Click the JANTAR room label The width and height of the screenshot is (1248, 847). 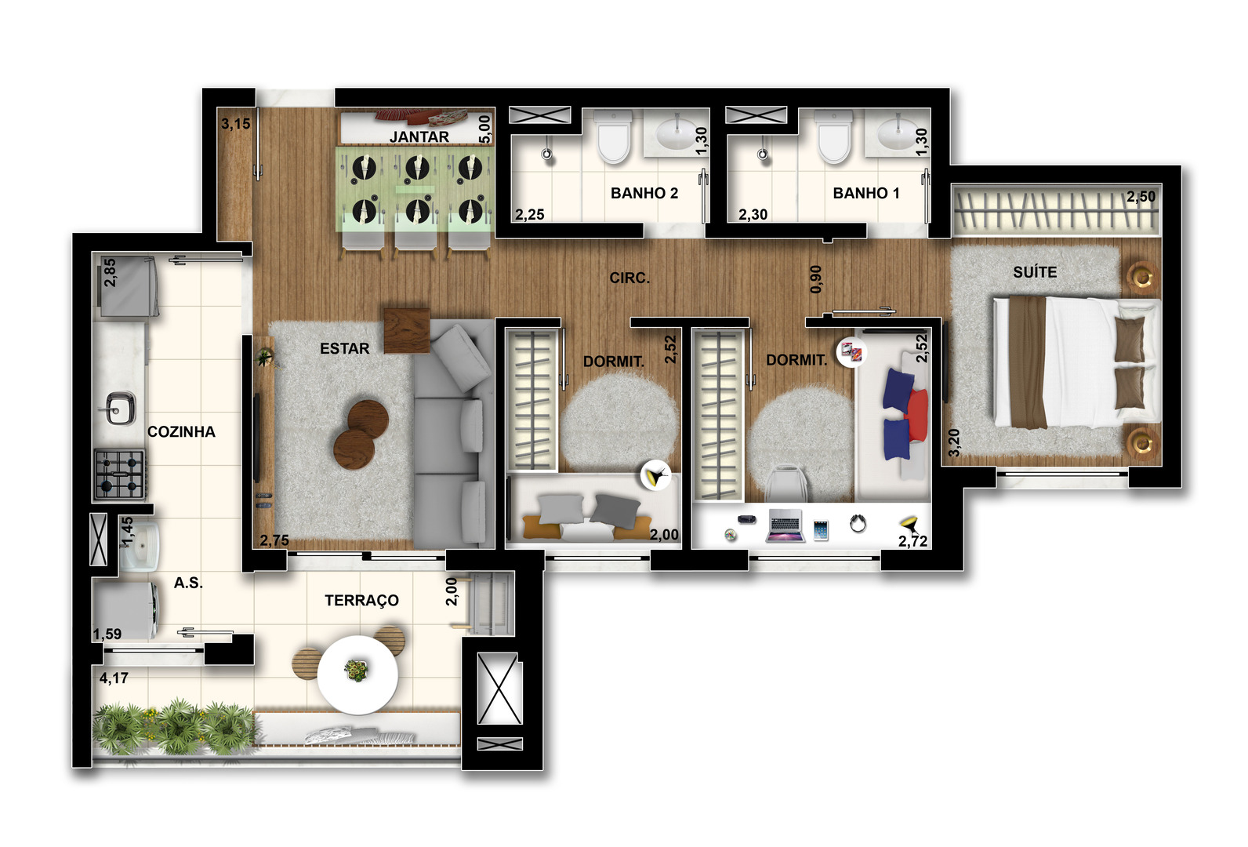point(419,136)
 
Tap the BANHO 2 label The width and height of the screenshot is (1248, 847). point(644,193)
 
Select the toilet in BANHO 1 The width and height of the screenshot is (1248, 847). point(833,136)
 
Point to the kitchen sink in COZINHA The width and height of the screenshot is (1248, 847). point(121,408)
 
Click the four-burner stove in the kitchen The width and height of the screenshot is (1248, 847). point(120,474)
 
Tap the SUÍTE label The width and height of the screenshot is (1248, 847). point(1035,272)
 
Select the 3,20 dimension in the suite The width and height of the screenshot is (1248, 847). point(954,442)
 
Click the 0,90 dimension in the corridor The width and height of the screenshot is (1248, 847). point(815,279)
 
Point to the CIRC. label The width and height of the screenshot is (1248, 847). point(629,278)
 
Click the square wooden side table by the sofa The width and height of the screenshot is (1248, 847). point(407,330)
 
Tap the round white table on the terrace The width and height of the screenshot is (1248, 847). point(357,674)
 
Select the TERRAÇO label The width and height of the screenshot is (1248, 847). point(361,600)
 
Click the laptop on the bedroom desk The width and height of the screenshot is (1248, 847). point(785,525)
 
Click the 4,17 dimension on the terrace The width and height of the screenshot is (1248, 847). point(114,678)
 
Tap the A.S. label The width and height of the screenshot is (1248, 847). point(188,583)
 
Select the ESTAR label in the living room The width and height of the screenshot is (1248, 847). point(344,348)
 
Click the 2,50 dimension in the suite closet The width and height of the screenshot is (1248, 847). point(1141,196)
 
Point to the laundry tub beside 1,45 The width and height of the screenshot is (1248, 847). point(140,546)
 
